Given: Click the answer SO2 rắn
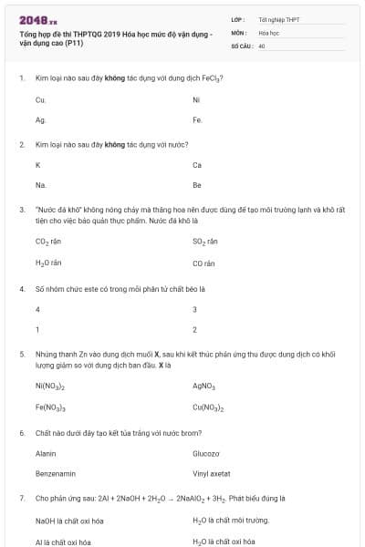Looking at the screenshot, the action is [x=205, y=243].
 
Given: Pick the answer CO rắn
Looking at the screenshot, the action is [x=203, y=263].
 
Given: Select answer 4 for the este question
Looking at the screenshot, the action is [x=37, y=309].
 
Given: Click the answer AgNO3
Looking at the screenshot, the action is [x=203, y=386].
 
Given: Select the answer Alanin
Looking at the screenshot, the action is [x=46, y=453].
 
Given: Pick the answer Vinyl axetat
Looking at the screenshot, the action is [x=212, y=473].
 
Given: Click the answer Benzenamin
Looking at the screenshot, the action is [x=55, y=473].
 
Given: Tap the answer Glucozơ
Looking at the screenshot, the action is [x=206, y=453].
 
